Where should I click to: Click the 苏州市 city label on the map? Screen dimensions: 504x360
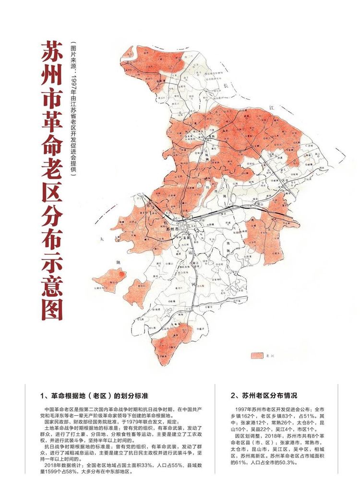pos(171,229)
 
